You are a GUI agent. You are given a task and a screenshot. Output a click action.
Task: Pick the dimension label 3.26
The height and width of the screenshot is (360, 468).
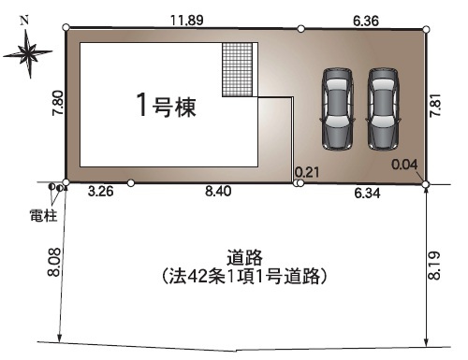click(x=100, y=194)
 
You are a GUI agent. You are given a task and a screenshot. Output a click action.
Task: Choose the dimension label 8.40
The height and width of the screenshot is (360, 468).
click(x=219, y=194)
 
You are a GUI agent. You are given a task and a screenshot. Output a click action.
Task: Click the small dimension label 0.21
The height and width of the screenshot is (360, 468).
click(x=306, y=172)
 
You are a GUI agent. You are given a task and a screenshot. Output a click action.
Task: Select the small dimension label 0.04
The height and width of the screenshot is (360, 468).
click(x=405, y=165)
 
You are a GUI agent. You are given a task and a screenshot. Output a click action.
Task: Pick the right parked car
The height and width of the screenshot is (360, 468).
click(x=384, y=108)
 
